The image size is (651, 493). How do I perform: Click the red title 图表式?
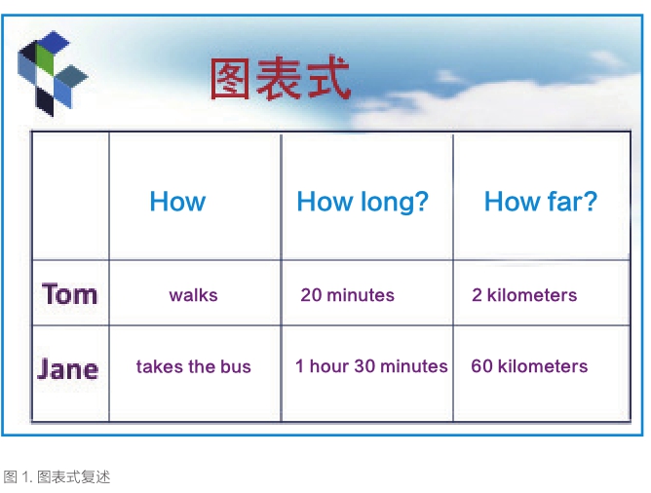click(281, 79)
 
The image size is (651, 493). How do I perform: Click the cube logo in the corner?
click(53, 73)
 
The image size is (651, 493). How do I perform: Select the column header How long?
click(363, 202)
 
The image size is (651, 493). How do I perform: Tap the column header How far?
click(541, 202)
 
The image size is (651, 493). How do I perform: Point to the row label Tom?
click(69, 294)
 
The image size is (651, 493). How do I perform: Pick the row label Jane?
click(67, 368)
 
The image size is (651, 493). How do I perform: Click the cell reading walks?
click(194, 295)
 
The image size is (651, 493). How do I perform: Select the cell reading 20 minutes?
click(348, 295)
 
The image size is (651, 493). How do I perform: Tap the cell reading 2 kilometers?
click(524, 295)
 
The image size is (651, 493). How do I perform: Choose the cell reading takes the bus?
click(194, 366)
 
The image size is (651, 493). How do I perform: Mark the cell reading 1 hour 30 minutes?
click(371, 366)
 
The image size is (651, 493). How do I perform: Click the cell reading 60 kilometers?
click(529, 366)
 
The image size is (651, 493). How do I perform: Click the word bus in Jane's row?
click(236, 366)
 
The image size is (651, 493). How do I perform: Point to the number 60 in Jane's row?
click(481, 366)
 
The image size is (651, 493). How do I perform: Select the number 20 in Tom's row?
click(312, 295)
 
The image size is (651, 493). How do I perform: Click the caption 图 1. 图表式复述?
click(57, 476)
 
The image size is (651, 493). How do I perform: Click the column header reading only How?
click(177, 202)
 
